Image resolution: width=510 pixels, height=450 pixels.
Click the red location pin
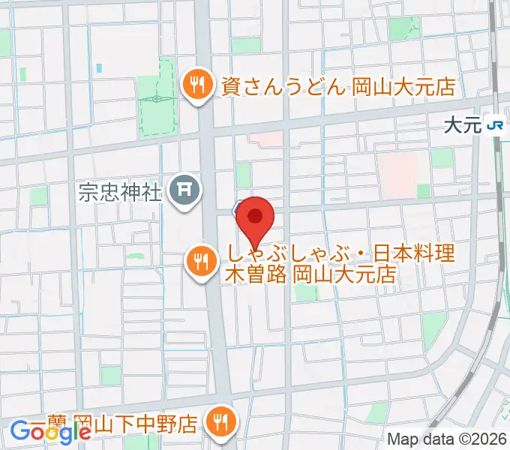(256, 218)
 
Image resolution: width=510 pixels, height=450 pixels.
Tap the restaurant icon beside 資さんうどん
(196, 85)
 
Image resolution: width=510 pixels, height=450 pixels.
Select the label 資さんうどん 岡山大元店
(337, 86)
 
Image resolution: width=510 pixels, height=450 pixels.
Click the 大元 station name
(461, 125)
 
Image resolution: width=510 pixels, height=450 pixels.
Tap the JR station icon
(494, 125)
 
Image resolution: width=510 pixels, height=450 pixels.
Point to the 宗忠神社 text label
(121, 192)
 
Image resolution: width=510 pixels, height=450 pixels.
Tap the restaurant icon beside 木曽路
(200, 262)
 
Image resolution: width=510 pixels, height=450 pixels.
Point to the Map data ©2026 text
(447, 439)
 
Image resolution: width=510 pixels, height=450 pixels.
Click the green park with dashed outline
(157, 97)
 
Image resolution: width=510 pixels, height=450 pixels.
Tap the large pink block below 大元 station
(397, 175)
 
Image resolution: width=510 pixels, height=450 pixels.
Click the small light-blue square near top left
(99, 68)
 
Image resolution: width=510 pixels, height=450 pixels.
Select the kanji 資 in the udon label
(229, 86)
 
